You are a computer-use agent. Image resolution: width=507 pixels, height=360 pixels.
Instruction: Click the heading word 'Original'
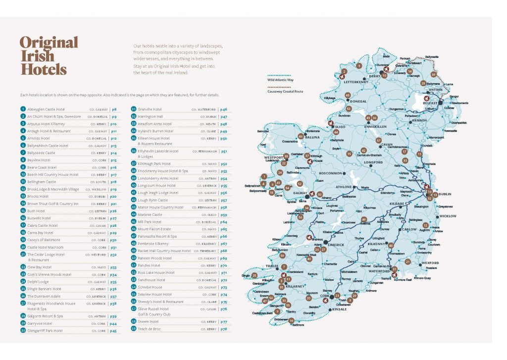click(x=49, y=43)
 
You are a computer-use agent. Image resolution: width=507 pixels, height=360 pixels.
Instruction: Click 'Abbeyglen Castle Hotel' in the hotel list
click(x=46, y=109)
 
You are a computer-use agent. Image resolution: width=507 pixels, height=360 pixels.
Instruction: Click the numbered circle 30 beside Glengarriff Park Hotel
click(x=23, y=330)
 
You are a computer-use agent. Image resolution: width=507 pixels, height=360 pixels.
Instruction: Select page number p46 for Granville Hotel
click(x=224, y=109)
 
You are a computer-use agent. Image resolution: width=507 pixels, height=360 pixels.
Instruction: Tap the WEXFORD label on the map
click(x=430, y=263)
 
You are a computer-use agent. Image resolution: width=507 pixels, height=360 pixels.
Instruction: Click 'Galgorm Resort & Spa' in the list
click(x=45, y=316)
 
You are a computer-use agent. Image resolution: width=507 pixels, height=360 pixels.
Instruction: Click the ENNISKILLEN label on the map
click(x=376, y=127)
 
